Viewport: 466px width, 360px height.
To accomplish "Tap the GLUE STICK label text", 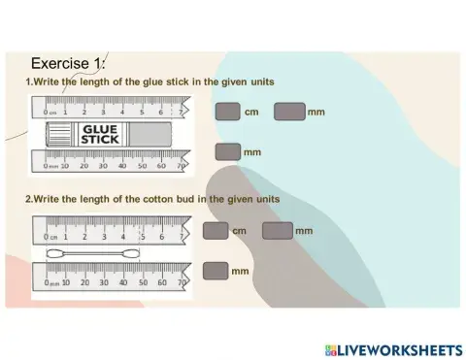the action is coord(101,133).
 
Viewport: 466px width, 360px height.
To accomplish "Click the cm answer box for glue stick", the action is coord(227,112).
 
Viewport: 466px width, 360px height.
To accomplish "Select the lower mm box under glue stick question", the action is coord(227,151).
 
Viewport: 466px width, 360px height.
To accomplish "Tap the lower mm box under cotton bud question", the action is coord(216,270).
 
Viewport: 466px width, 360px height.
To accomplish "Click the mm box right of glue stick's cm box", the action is coord(289,112).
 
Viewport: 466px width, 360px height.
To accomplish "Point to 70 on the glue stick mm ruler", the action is coord(181,165).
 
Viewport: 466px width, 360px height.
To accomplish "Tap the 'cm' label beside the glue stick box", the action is coord(250,113).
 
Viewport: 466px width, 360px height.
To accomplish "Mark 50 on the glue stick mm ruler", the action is coord(142,165).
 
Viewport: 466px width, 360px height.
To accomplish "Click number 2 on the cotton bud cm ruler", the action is coord(84,236).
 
